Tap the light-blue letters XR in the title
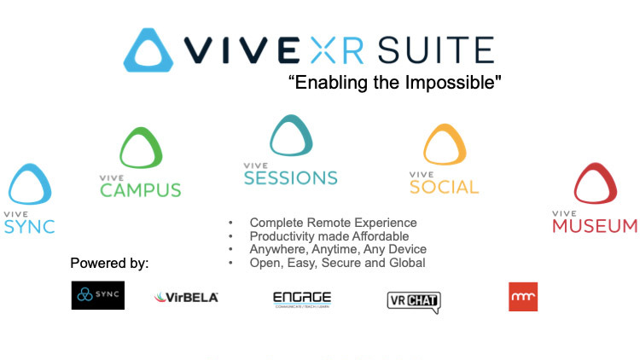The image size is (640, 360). tap(337, 50)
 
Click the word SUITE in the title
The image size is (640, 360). tap(436, 50)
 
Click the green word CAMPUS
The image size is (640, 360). tap(141, 190)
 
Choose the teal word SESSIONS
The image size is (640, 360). tap(291, 178)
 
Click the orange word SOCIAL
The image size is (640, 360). tap(444, 187)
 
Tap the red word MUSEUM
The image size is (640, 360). tap(594, 226)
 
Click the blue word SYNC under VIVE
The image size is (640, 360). tap(29, 227)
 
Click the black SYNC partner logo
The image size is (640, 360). tap(98, 295)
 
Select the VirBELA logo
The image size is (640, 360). tap(186, 297)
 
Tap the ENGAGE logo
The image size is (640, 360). tap(302, 299)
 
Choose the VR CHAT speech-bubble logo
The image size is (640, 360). tap(414, 301)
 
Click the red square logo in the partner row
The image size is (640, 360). tap(523, 297)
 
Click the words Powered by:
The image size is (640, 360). tap(109, 264)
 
